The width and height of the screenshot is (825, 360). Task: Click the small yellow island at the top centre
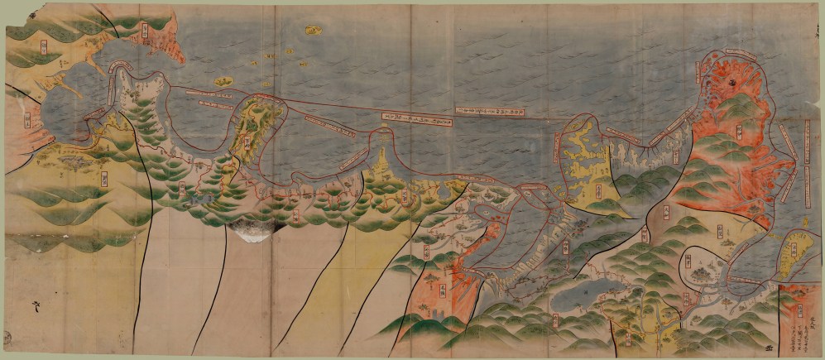click(x=313, y=31)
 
